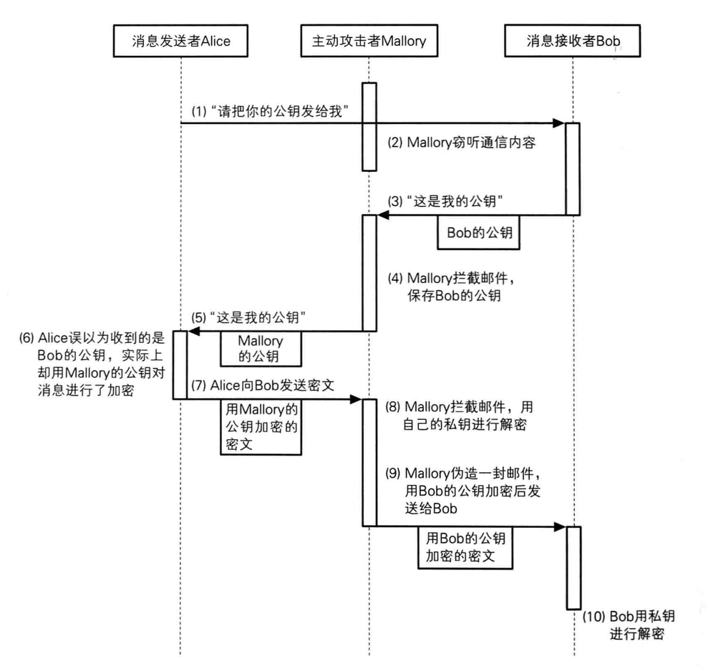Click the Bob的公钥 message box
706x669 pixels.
[478, 233]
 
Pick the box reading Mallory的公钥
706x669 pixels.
[261, 349]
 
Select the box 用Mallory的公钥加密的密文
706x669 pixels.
[261, 427]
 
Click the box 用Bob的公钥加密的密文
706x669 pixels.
[465, 547]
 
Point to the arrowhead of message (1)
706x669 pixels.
[559, 123]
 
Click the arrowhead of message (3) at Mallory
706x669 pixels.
[383, 215]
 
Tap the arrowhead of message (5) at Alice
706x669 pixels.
[193, 331]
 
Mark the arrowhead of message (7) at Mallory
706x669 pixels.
[356, 399]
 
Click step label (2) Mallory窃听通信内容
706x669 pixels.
[462, 143]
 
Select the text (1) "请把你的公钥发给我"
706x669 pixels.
[270, 111]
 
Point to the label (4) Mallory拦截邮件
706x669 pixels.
[451, 278]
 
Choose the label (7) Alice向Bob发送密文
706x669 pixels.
[263, 385]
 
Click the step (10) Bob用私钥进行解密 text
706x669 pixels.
[629, 625]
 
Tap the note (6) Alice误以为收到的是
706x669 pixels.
[92, 338]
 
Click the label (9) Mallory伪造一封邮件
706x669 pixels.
[463, 473]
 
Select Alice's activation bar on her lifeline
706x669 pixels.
[180, 365]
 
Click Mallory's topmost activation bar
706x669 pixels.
[369, 127]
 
